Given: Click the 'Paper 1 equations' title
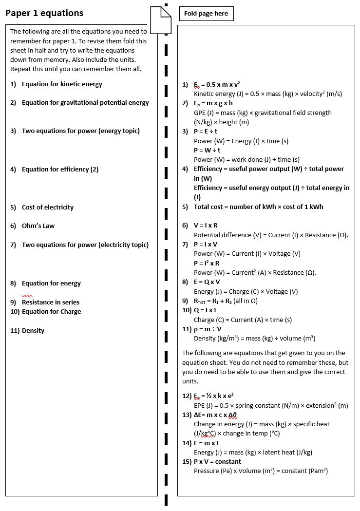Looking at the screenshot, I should pyautogui.click(x=44, y=13).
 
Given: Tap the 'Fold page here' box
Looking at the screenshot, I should pyautogui.click(x=206, y=14).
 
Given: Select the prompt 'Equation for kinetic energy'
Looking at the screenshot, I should pyautogui.click(x=62, y=84).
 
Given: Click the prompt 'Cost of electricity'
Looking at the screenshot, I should pyautogui.click(x=48, y=208).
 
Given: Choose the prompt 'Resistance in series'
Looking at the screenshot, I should pyautogui.click(x=51, y=303).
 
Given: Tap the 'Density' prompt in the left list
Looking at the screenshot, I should pyautogui.click(x=33, y=331).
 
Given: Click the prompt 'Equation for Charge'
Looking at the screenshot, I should pyautogui.click(x=51, y=312).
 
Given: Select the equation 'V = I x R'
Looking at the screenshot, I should pyautogui.click(x=206, y=226).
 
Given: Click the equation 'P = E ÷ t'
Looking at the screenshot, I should pyautogui.click(x=206, y=132).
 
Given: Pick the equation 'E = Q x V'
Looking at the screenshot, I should pyautogui.click(x=207, y=282).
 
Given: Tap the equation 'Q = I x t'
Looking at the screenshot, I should pyautogui.click(x=205, y=310).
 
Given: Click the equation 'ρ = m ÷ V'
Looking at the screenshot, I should pyautogui.click(x=208, y=329).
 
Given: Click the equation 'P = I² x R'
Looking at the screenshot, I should pyautogui.click(x=207, y=263).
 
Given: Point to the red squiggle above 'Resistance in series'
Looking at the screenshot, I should pyautogui.click(x=27, y=296).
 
